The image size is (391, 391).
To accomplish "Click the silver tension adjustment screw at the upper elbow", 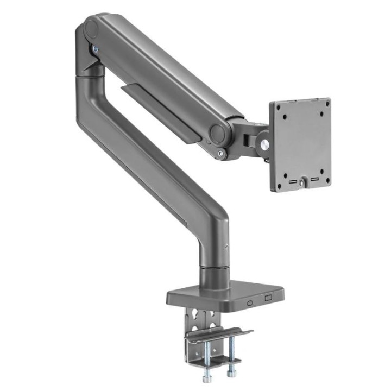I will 96,48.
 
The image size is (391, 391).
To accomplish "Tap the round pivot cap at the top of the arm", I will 91,28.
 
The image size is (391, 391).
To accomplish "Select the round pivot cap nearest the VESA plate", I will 218,133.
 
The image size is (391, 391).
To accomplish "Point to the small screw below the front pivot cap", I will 219,154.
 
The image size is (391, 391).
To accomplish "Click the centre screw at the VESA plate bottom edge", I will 300,182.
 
